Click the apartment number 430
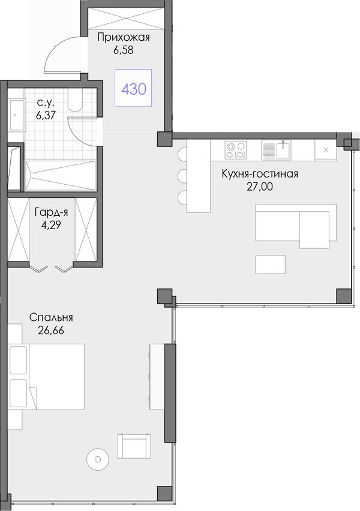point(133,89)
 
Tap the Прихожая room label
point(124,38)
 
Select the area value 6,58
point(124,50)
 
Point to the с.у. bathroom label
point(46,103)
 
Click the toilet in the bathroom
point(75,100)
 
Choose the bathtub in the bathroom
point(61,175)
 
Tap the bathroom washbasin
point(17,115)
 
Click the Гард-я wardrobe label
point(51,213)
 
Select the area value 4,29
point(51,225)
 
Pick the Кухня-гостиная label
point(260,174)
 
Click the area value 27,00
point(260,187)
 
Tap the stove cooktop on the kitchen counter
point(235,150)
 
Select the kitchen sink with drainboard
point(276,150)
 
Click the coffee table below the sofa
point(271,264)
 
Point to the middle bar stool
point(182,176)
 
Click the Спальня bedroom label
point(51,317)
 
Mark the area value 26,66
point(51,330)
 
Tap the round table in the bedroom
point(97,459)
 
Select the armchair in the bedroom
point(134,446)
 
